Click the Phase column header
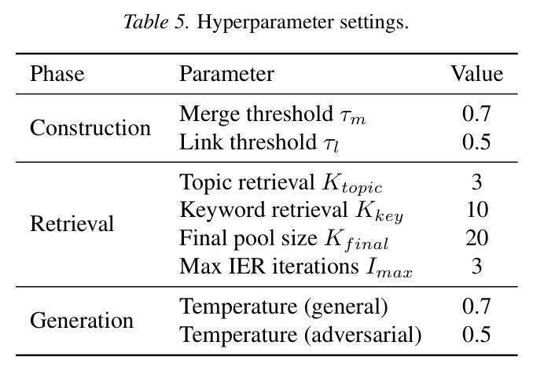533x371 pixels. [57, 74]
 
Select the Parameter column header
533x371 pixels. [226, 74]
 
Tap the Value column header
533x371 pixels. [476, 74]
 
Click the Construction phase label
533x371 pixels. [90, 128]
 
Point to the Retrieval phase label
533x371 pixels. [72, 224]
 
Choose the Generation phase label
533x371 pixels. [82, 321]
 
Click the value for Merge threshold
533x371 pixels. [476, 113]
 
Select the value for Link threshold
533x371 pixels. [476, 141]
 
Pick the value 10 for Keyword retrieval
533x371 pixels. [477, 210]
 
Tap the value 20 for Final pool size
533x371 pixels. [477, 238]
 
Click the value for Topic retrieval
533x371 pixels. [477, 182]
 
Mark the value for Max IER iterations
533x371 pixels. [477, 266]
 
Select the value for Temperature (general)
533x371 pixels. [476, 306]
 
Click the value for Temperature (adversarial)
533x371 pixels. [476, 334]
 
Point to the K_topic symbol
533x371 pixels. [352, 184]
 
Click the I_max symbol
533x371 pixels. [389, 268]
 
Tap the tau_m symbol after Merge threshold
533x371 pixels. [353, 117]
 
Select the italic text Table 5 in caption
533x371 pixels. [154, 22]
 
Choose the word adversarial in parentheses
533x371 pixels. [362, 335]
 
